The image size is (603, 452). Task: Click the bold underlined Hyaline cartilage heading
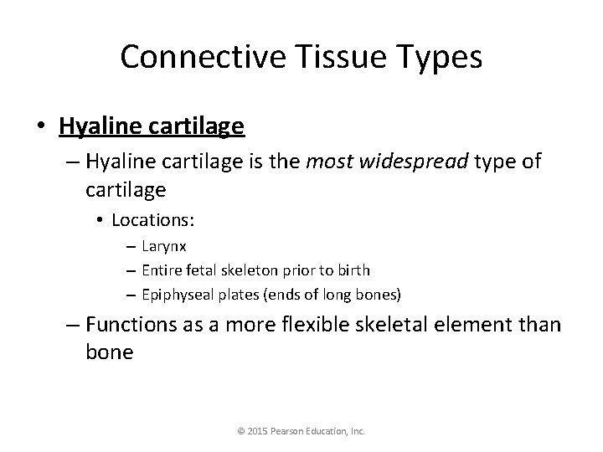152,126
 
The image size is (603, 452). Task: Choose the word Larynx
164,247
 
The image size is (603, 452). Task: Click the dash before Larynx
133,248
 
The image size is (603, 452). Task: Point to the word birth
354,270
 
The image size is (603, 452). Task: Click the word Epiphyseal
174,294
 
